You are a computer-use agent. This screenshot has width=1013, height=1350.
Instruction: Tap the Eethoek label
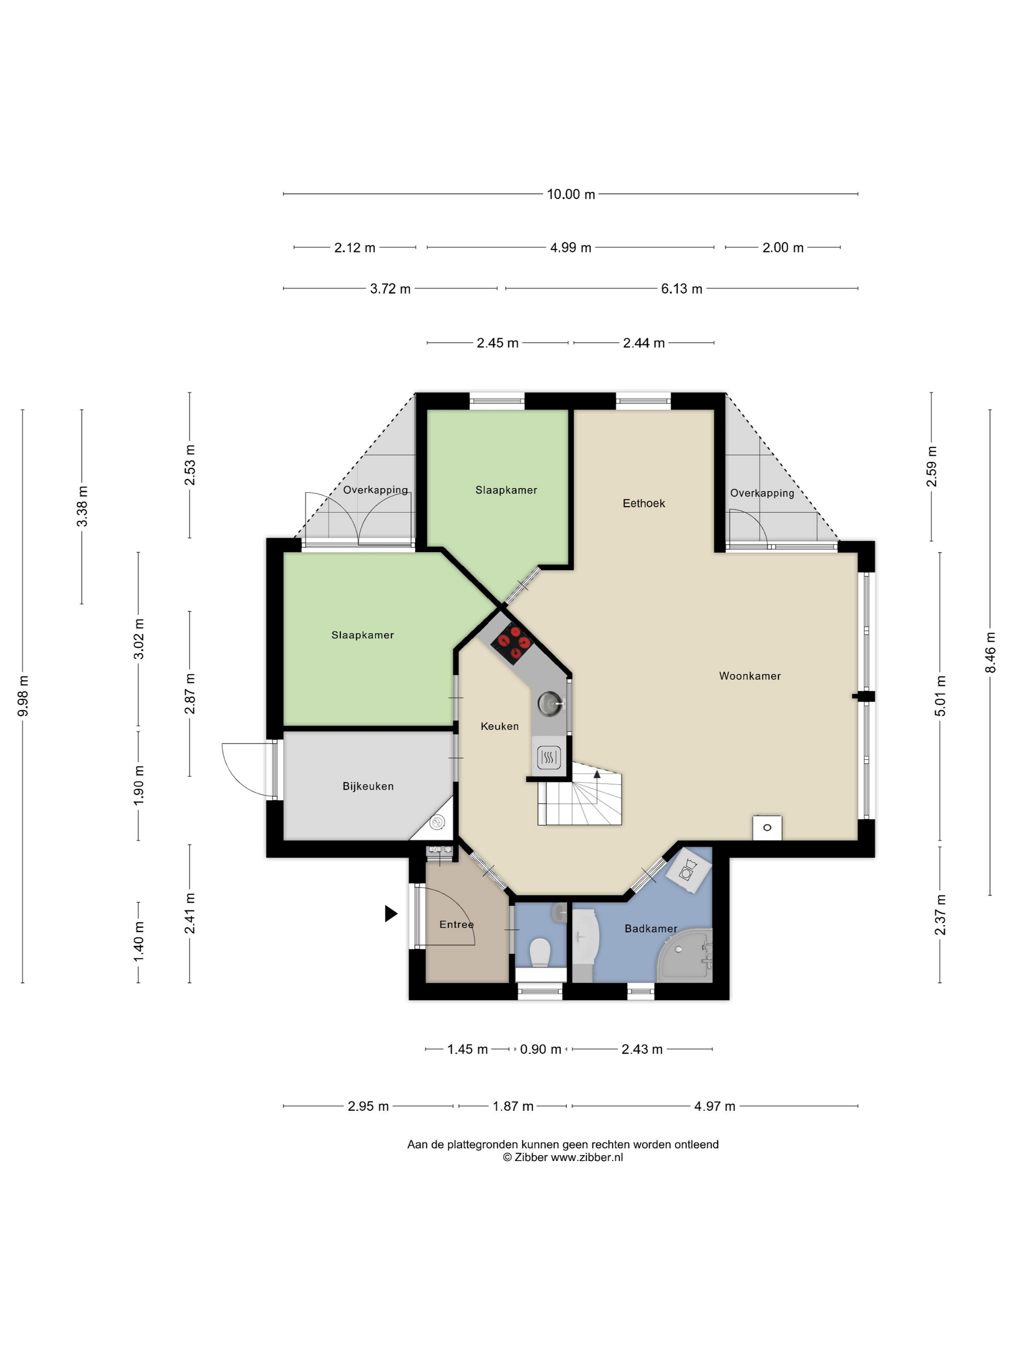[x=643, y=503]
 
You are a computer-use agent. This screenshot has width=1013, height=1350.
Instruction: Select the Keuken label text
[x=499, y=726]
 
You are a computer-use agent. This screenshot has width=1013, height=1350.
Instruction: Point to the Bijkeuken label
[x=368, y=786]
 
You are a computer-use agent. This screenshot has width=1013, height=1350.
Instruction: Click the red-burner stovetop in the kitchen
[x=512, y=643]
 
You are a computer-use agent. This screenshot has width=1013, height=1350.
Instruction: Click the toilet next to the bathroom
[x=540, y=953]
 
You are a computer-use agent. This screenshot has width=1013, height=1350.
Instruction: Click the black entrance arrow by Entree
[x=391, y=914]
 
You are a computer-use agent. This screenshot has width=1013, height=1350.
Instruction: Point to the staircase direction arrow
[x=597, y=774]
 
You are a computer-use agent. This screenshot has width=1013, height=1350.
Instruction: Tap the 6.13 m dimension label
[x=682, y=289]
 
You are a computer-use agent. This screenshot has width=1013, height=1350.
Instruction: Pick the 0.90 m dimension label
[x=540, y=1049]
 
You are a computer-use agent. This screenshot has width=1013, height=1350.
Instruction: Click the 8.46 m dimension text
[x=990, y=652]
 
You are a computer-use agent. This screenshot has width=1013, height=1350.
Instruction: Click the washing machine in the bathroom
[x=688, y=870]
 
